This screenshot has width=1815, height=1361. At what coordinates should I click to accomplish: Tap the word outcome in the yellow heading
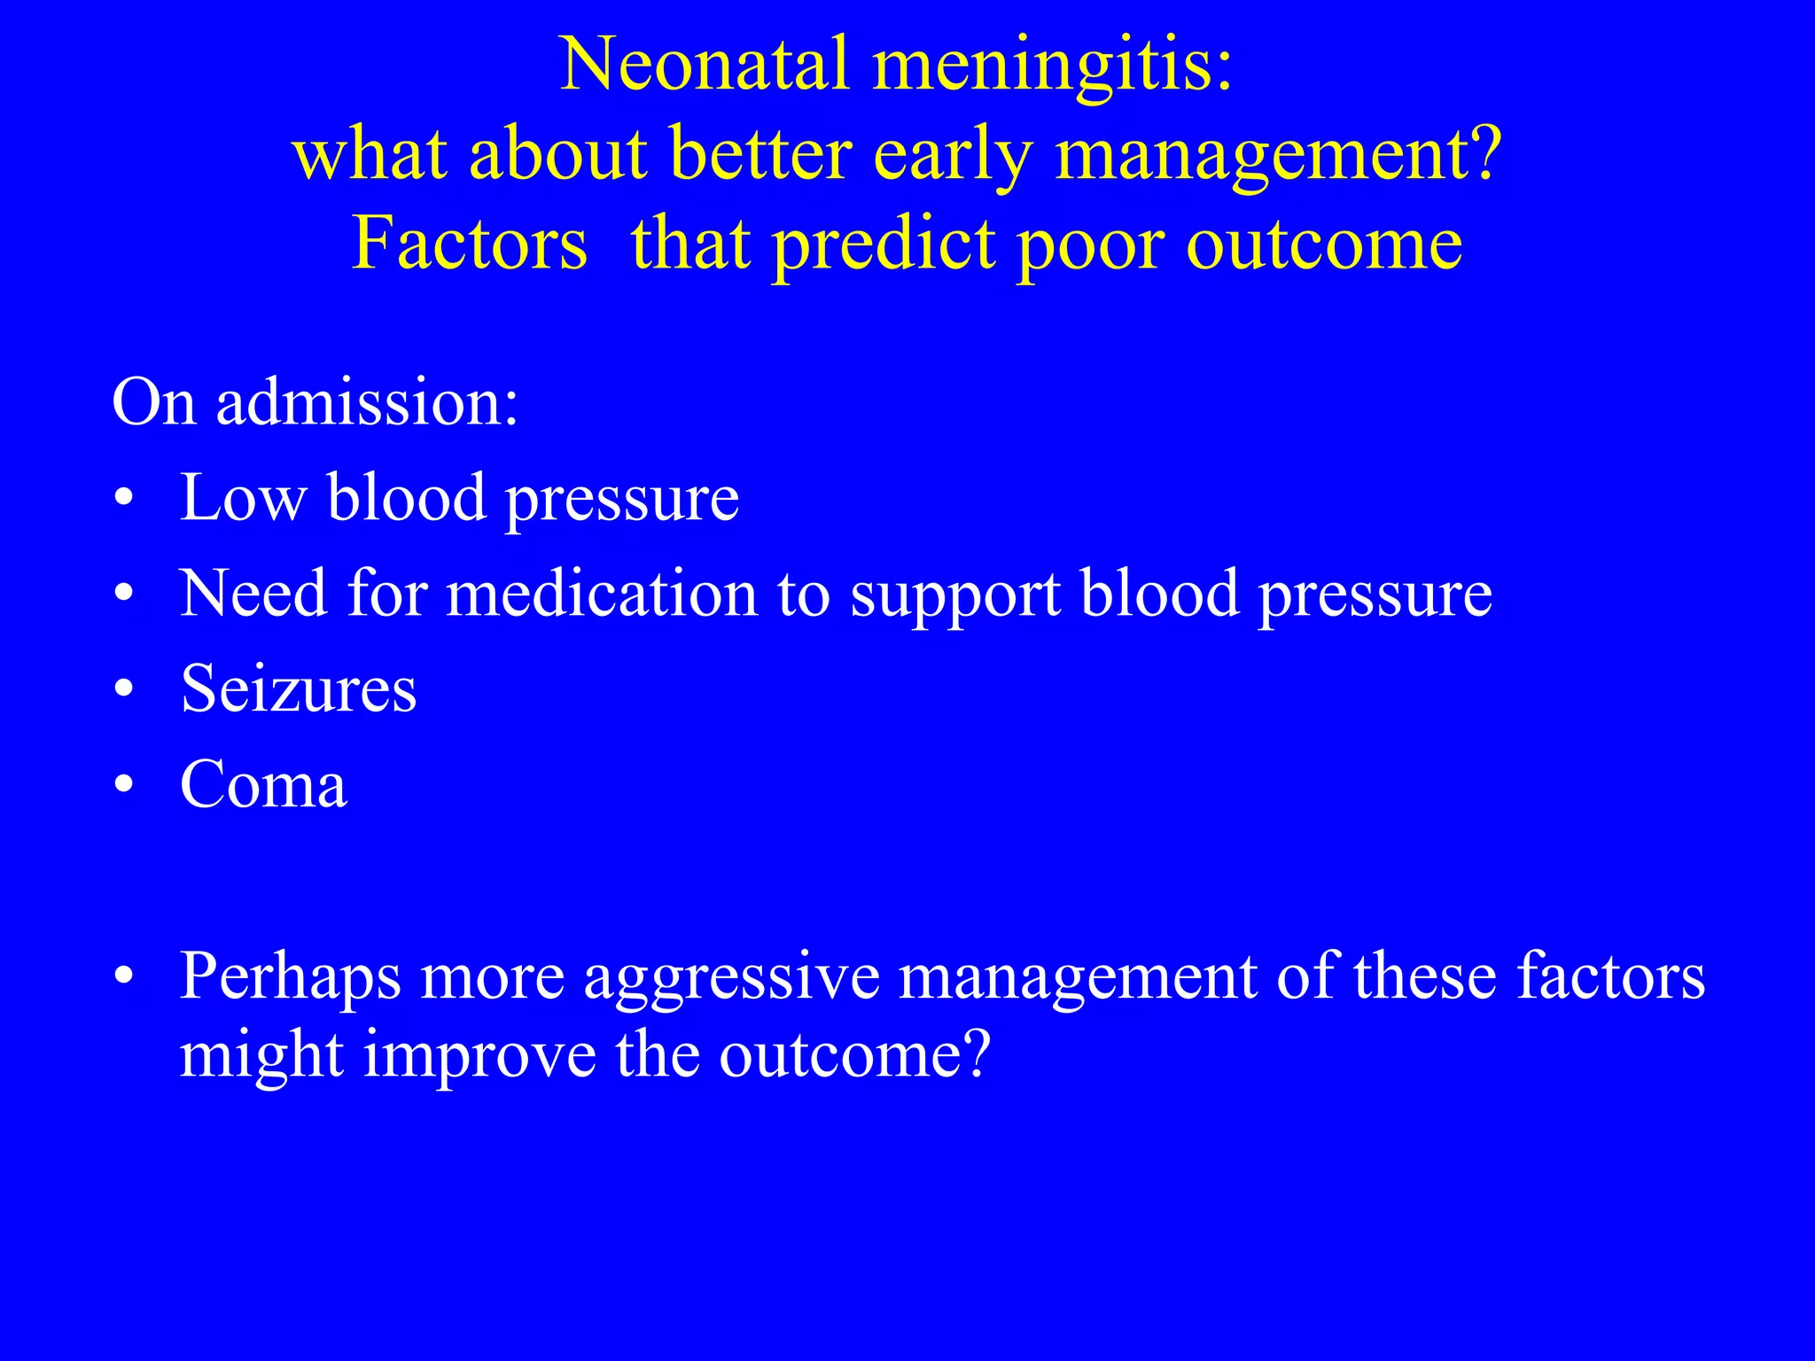[1324, 245]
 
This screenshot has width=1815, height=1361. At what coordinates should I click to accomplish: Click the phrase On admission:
[315, 402]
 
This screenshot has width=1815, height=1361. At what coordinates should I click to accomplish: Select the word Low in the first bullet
[243, 497]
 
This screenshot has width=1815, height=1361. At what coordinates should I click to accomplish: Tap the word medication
[602, 593]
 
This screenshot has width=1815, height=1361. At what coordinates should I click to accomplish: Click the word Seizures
[299, 688]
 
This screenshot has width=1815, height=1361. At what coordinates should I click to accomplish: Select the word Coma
[263, 784]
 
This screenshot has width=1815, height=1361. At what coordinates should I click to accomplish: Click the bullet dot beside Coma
[124, 785]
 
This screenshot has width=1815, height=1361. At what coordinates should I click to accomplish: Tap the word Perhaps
[290, 977]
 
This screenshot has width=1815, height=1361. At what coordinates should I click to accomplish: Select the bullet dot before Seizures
[124, 689]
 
